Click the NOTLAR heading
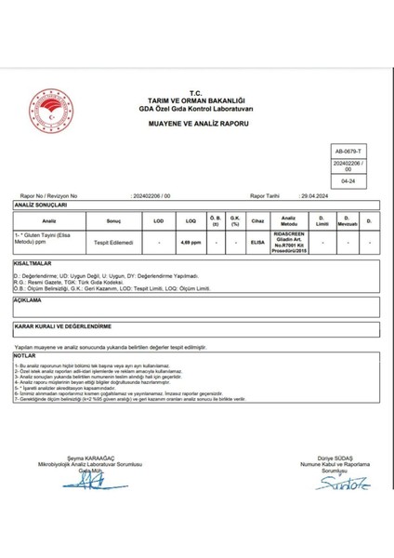click(x=25, y=355)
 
